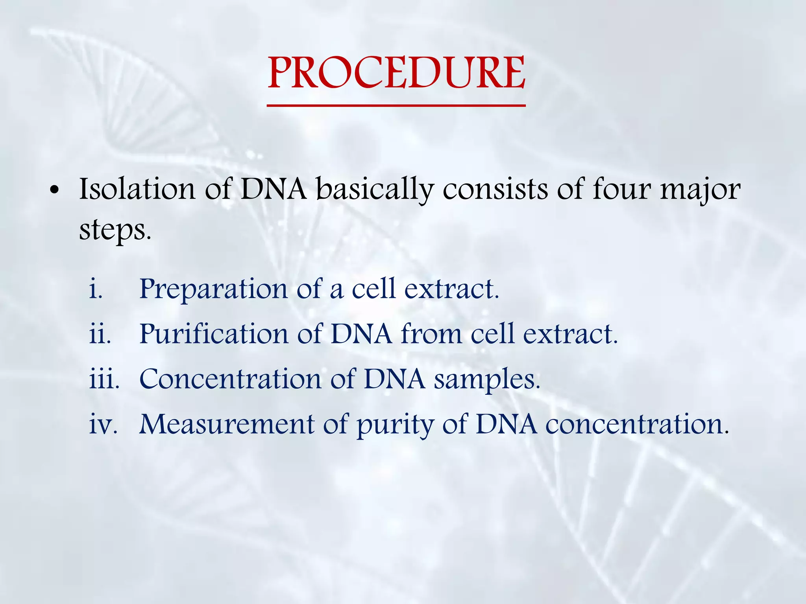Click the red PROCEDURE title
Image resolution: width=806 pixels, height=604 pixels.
pyautogui.click(x=396, y=73)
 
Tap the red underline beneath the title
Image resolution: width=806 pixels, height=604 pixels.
pyautogui.click(x=396, y=105)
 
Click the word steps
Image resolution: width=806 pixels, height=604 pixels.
pyautogui.click(x=115, y=230)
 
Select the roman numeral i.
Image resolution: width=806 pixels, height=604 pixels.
pyautogui.click(x=96, y=289)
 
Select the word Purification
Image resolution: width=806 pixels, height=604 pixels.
pyautogui.click(x=214, y=335)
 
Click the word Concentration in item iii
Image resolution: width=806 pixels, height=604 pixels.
pyautogui.click(x=230, y=379)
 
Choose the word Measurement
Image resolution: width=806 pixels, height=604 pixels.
pyautogui.click(x=227, y=425)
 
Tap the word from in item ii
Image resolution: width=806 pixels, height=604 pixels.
pyautogui.click(x=431, y=334)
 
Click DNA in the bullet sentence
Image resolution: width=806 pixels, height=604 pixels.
pyautogui.click(x=273, y=189)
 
